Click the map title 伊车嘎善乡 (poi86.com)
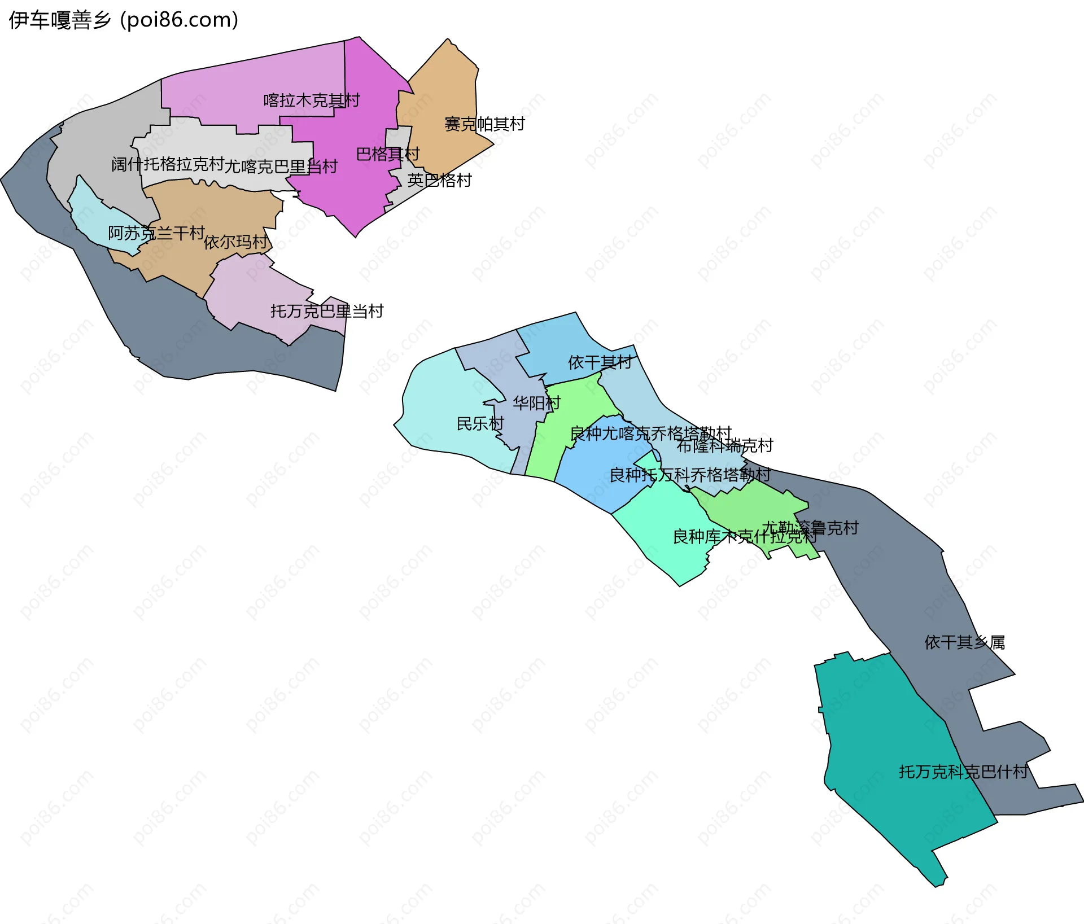pos(123,20)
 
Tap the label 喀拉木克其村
pos(312,100)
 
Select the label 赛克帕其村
pos(484,124)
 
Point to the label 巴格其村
pos(388,154)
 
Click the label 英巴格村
pos(439,181)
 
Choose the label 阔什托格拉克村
pos(168,164)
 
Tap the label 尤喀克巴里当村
pos(281,167)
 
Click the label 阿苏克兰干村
pos(156,233)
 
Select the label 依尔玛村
pos(236,242)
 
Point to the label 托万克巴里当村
pos(327,311)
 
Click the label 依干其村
pos(600,362)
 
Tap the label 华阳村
pos(536,403)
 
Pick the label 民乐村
pos(480,423)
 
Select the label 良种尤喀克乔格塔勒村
pos(650,433)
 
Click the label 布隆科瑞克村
pos(725,446)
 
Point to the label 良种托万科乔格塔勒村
pos(690,475)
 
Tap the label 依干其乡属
pos(964,642)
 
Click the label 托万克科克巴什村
pos(963,772)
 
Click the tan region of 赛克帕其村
pos(446,90)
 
